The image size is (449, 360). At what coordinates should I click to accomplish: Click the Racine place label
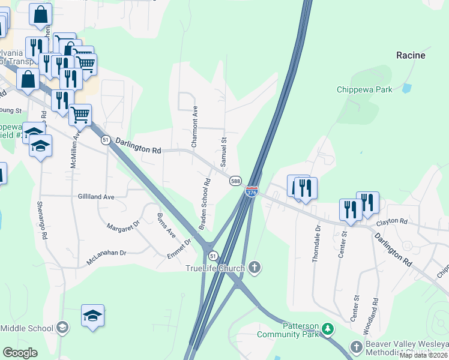coord(411,55)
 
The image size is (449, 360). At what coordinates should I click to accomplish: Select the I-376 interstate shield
coord(252,191)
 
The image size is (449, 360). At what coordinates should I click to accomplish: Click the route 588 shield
coord(235,181)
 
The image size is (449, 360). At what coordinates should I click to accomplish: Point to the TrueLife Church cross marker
coord(255,268)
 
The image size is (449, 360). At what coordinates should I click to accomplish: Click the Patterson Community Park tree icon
coord(327,329)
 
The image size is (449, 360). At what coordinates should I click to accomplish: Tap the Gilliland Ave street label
coord(96,196)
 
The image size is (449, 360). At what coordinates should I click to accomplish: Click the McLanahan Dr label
coord(106,253)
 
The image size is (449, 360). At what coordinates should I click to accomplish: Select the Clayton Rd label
coord(392,223)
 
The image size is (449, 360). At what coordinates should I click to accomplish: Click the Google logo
coord(20,353)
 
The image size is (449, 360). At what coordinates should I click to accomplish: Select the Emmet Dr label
coord(179,249)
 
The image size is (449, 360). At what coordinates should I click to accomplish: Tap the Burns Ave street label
coord(166,224)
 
